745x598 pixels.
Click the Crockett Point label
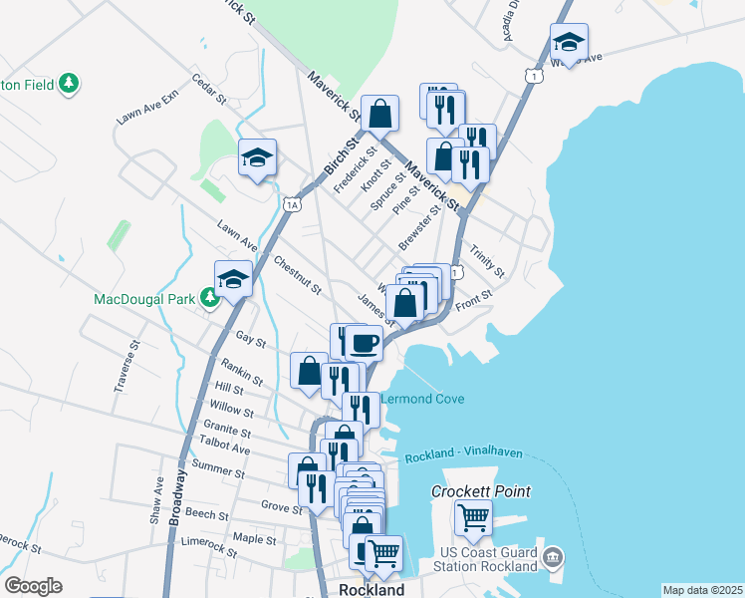(x=480, y=491)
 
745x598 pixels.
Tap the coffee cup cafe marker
(x=365, y=344)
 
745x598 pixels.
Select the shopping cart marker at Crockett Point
(x=473, y=517)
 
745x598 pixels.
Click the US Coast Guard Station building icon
(x=554, y=555)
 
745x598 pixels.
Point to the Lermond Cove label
(x=420, y=399)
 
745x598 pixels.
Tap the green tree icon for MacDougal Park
(x=210, y=298)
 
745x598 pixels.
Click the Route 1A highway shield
(x=291, y=204)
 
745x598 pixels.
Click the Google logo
(x=33, y=586)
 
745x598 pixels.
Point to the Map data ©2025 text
(x=702, y=590)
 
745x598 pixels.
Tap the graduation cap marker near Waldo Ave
(x=569, y=42)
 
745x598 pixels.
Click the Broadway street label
(x=177, y=496)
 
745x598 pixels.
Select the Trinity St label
(x=488, y=262)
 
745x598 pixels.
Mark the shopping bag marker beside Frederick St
(x=380, y=114)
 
